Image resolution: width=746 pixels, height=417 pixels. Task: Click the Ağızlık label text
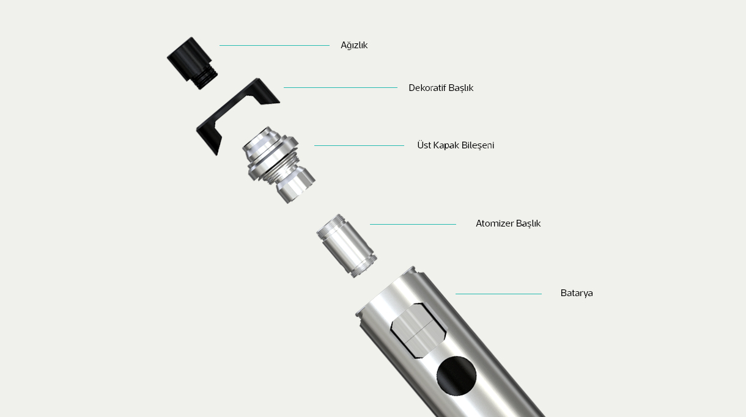(354, 45)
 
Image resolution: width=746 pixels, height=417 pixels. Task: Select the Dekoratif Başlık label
(441, 88)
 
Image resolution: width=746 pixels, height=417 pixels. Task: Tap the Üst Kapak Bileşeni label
(456, 145)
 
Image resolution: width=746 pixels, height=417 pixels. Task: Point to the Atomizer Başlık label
(508, 223)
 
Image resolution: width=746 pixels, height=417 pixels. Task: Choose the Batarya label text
(577, 293)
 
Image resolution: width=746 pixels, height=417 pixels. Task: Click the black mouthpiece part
(192, 63)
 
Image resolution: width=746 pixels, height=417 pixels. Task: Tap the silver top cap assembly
(278, 165)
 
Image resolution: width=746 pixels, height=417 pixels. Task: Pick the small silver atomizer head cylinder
(347, 246)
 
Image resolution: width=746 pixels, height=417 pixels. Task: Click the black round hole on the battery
(456, 376)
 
